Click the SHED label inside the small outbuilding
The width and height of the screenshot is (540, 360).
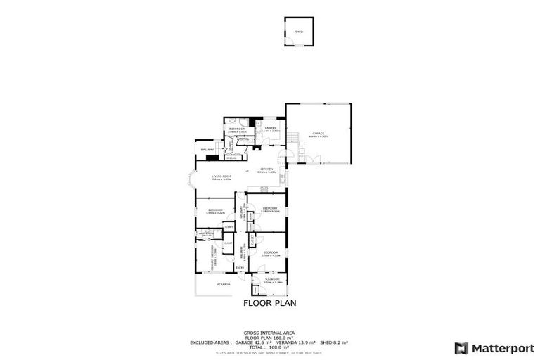[298, 32]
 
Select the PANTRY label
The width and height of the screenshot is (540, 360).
[270, 129]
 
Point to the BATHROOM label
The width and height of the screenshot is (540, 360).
[237, 129]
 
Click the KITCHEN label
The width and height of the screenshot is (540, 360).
[266, 169]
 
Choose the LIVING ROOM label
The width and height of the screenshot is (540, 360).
[221, 177]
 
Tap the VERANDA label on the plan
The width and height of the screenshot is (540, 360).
[223, 284]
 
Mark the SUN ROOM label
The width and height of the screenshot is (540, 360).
[272, 281]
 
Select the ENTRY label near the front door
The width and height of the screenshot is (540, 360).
[240, 267]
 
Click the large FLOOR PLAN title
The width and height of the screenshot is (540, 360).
[269, 304]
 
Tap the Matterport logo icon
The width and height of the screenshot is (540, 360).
[461, 347]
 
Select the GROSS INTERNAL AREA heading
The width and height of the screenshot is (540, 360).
[269, 332]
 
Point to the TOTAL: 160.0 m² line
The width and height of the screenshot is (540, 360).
[269, 347]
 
